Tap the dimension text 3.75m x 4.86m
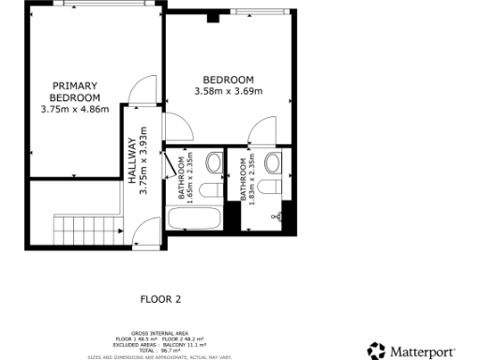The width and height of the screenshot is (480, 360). tap(75, 109)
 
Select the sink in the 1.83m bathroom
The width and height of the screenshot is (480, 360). tap(273, 164)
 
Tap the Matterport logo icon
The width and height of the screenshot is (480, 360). tap(376, 351)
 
